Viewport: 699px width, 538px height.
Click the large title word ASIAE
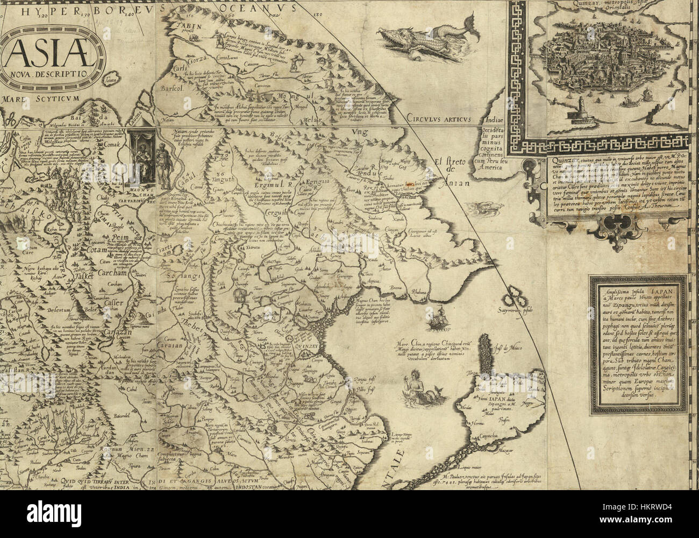pyautogui.click(x=51, y=52)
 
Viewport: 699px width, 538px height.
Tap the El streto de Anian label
pyautogui.click(x=446, y=172)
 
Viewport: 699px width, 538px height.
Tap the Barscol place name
pyautogui.click(x=167, y=89)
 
